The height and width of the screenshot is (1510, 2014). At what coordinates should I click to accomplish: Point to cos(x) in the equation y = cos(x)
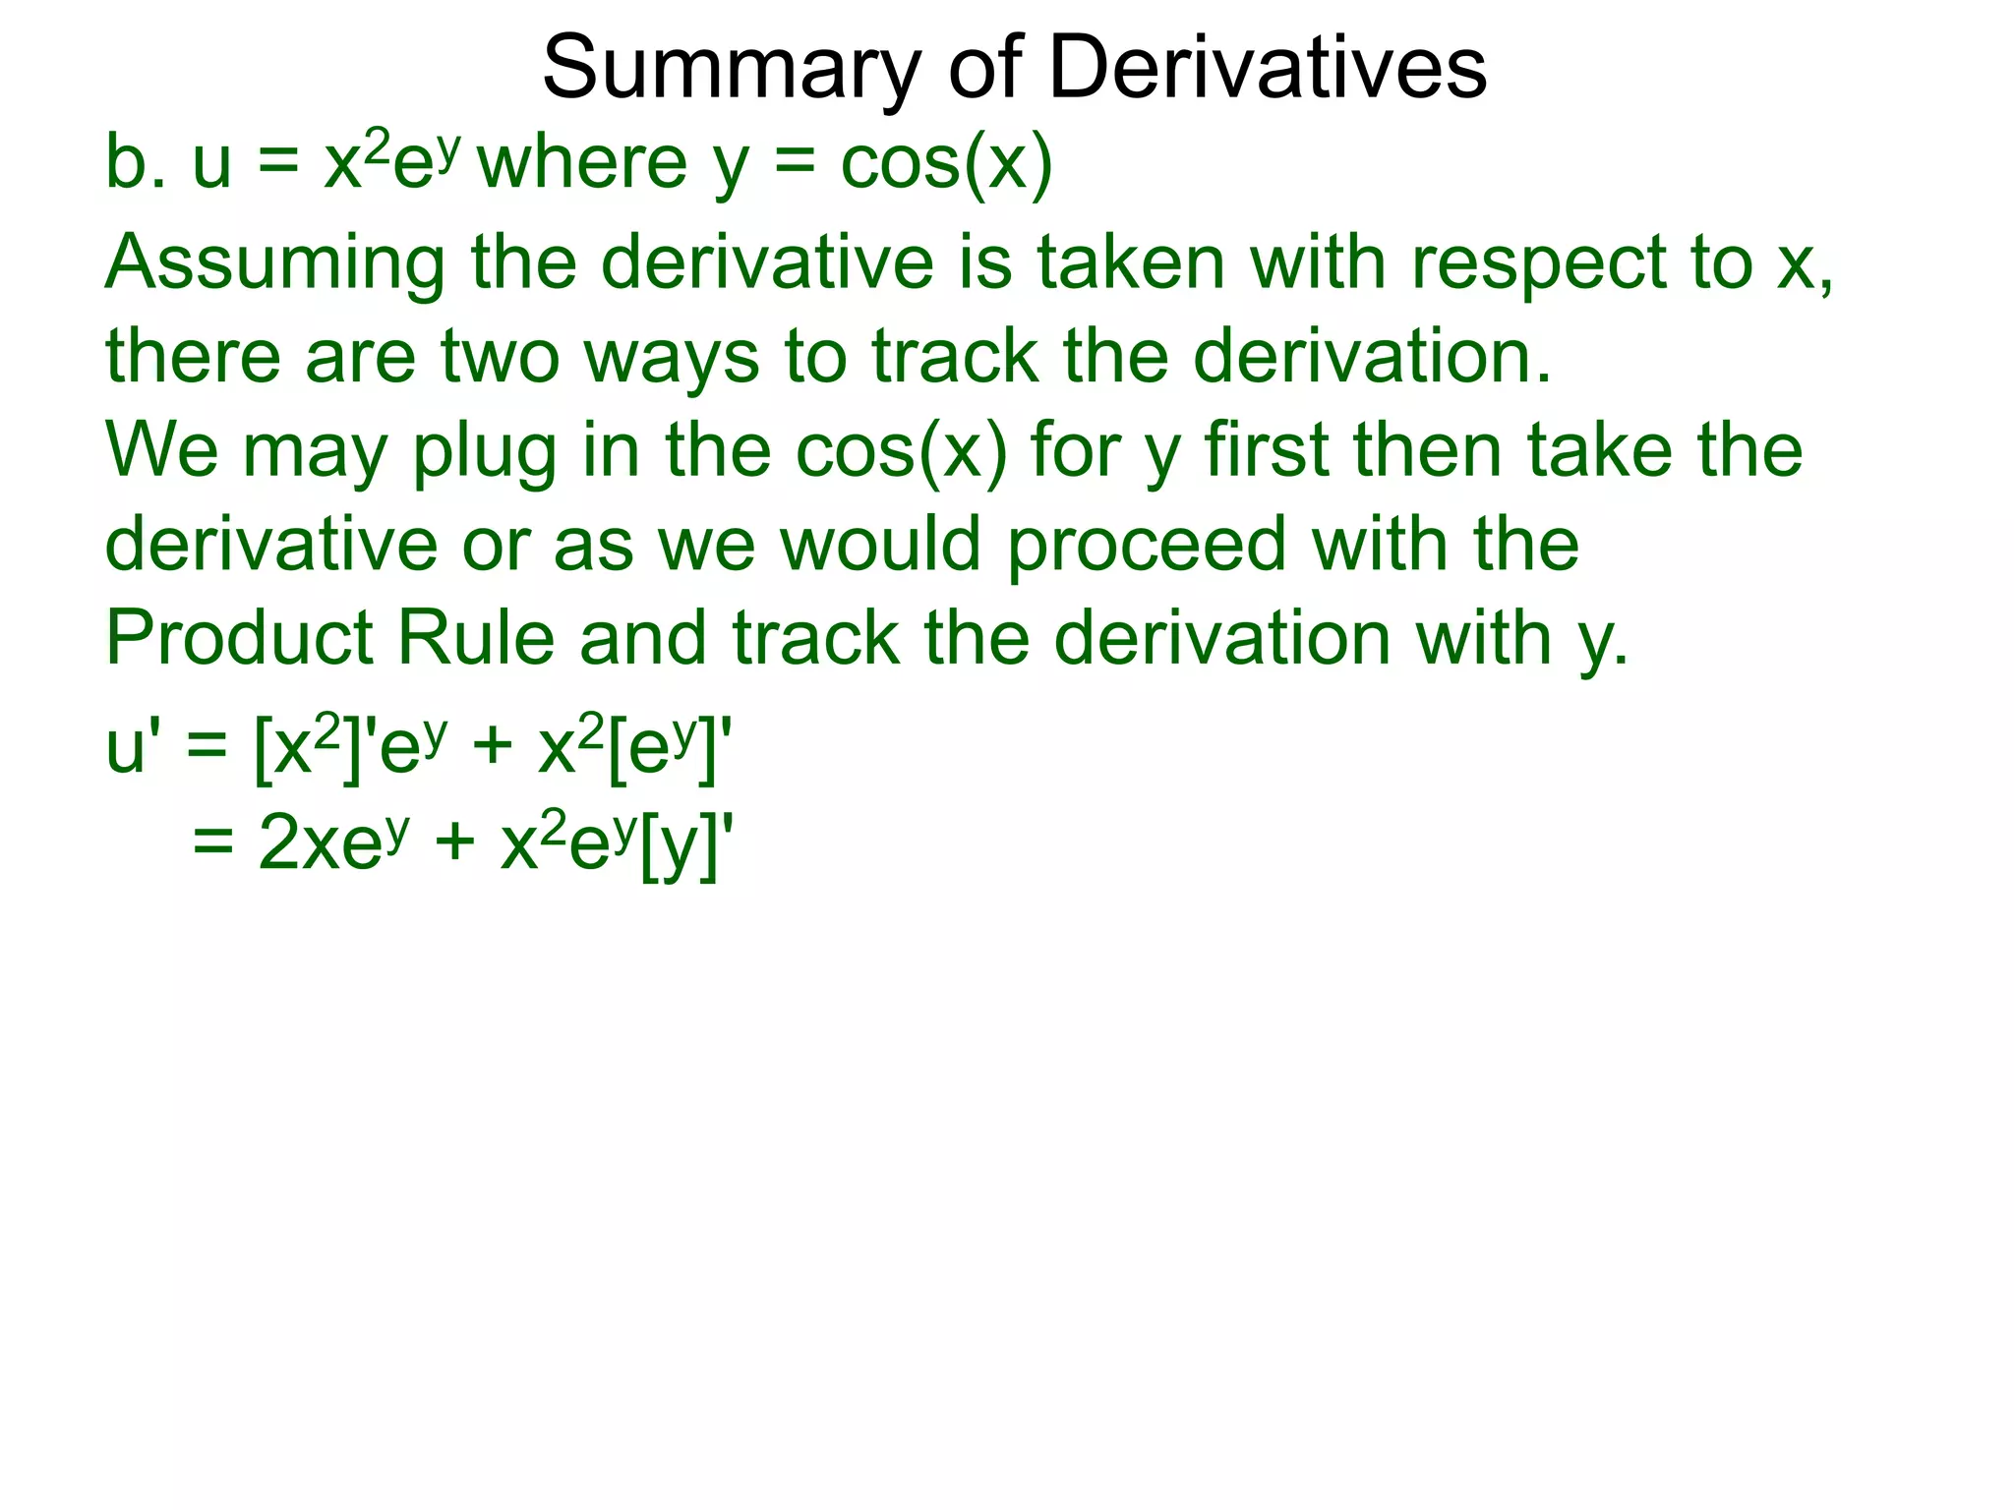(946, 164)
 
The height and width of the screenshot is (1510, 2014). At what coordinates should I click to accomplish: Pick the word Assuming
(274, 265)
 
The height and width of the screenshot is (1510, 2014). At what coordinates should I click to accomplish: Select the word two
(501, 356)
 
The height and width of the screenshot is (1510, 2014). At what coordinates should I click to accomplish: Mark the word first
(1268, 450)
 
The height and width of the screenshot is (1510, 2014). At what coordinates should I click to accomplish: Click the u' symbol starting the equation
(132, 749)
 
